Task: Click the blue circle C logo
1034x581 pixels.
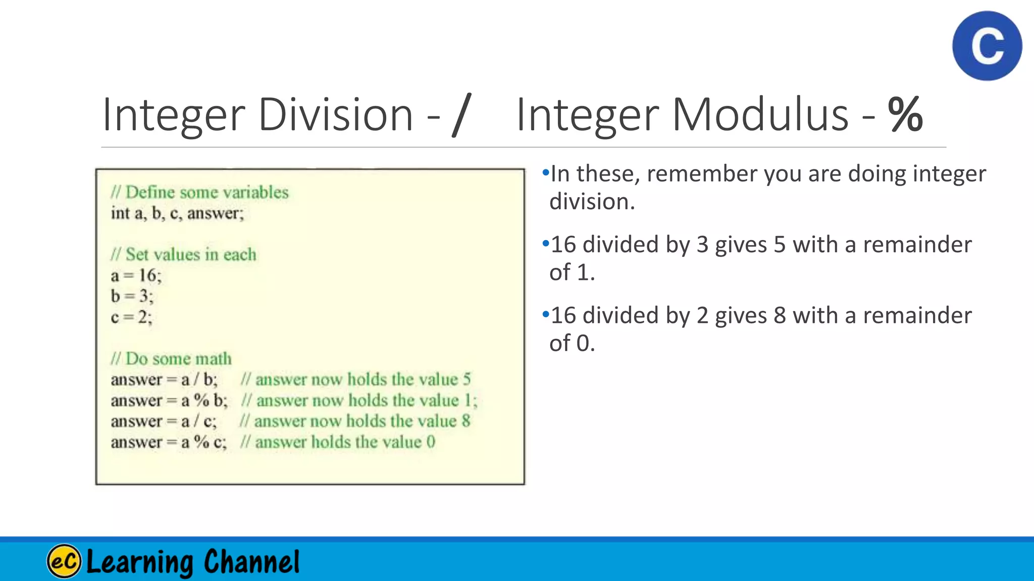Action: (x=987, y=46)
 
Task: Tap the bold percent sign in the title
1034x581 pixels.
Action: (x=906, y=115)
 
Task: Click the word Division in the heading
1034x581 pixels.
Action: (x=336, y=115)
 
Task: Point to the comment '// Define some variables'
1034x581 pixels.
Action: (x=200, y=192)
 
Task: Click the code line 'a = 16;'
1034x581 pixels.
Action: (x=136, y=275)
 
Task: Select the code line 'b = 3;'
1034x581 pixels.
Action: (x=132, y=296)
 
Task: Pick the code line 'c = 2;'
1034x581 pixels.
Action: (x=131, y=317)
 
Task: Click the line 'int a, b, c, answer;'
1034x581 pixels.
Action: (x=177, y=213)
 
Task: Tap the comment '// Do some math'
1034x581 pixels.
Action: (x=171, y=359)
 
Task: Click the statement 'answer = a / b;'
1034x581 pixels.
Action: (x=164, y=379)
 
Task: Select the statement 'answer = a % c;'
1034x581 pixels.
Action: (x=169, y=442)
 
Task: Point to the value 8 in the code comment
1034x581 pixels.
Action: (x=466, y=421)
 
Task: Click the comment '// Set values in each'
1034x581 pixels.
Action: (x=184, y=254)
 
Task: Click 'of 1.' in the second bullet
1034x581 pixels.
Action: (x=572, y=272)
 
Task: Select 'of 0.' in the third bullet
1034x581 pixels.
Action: (x=572, y=343)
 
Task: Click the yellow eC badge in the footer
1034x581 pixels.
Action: (x=64, y=561)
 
